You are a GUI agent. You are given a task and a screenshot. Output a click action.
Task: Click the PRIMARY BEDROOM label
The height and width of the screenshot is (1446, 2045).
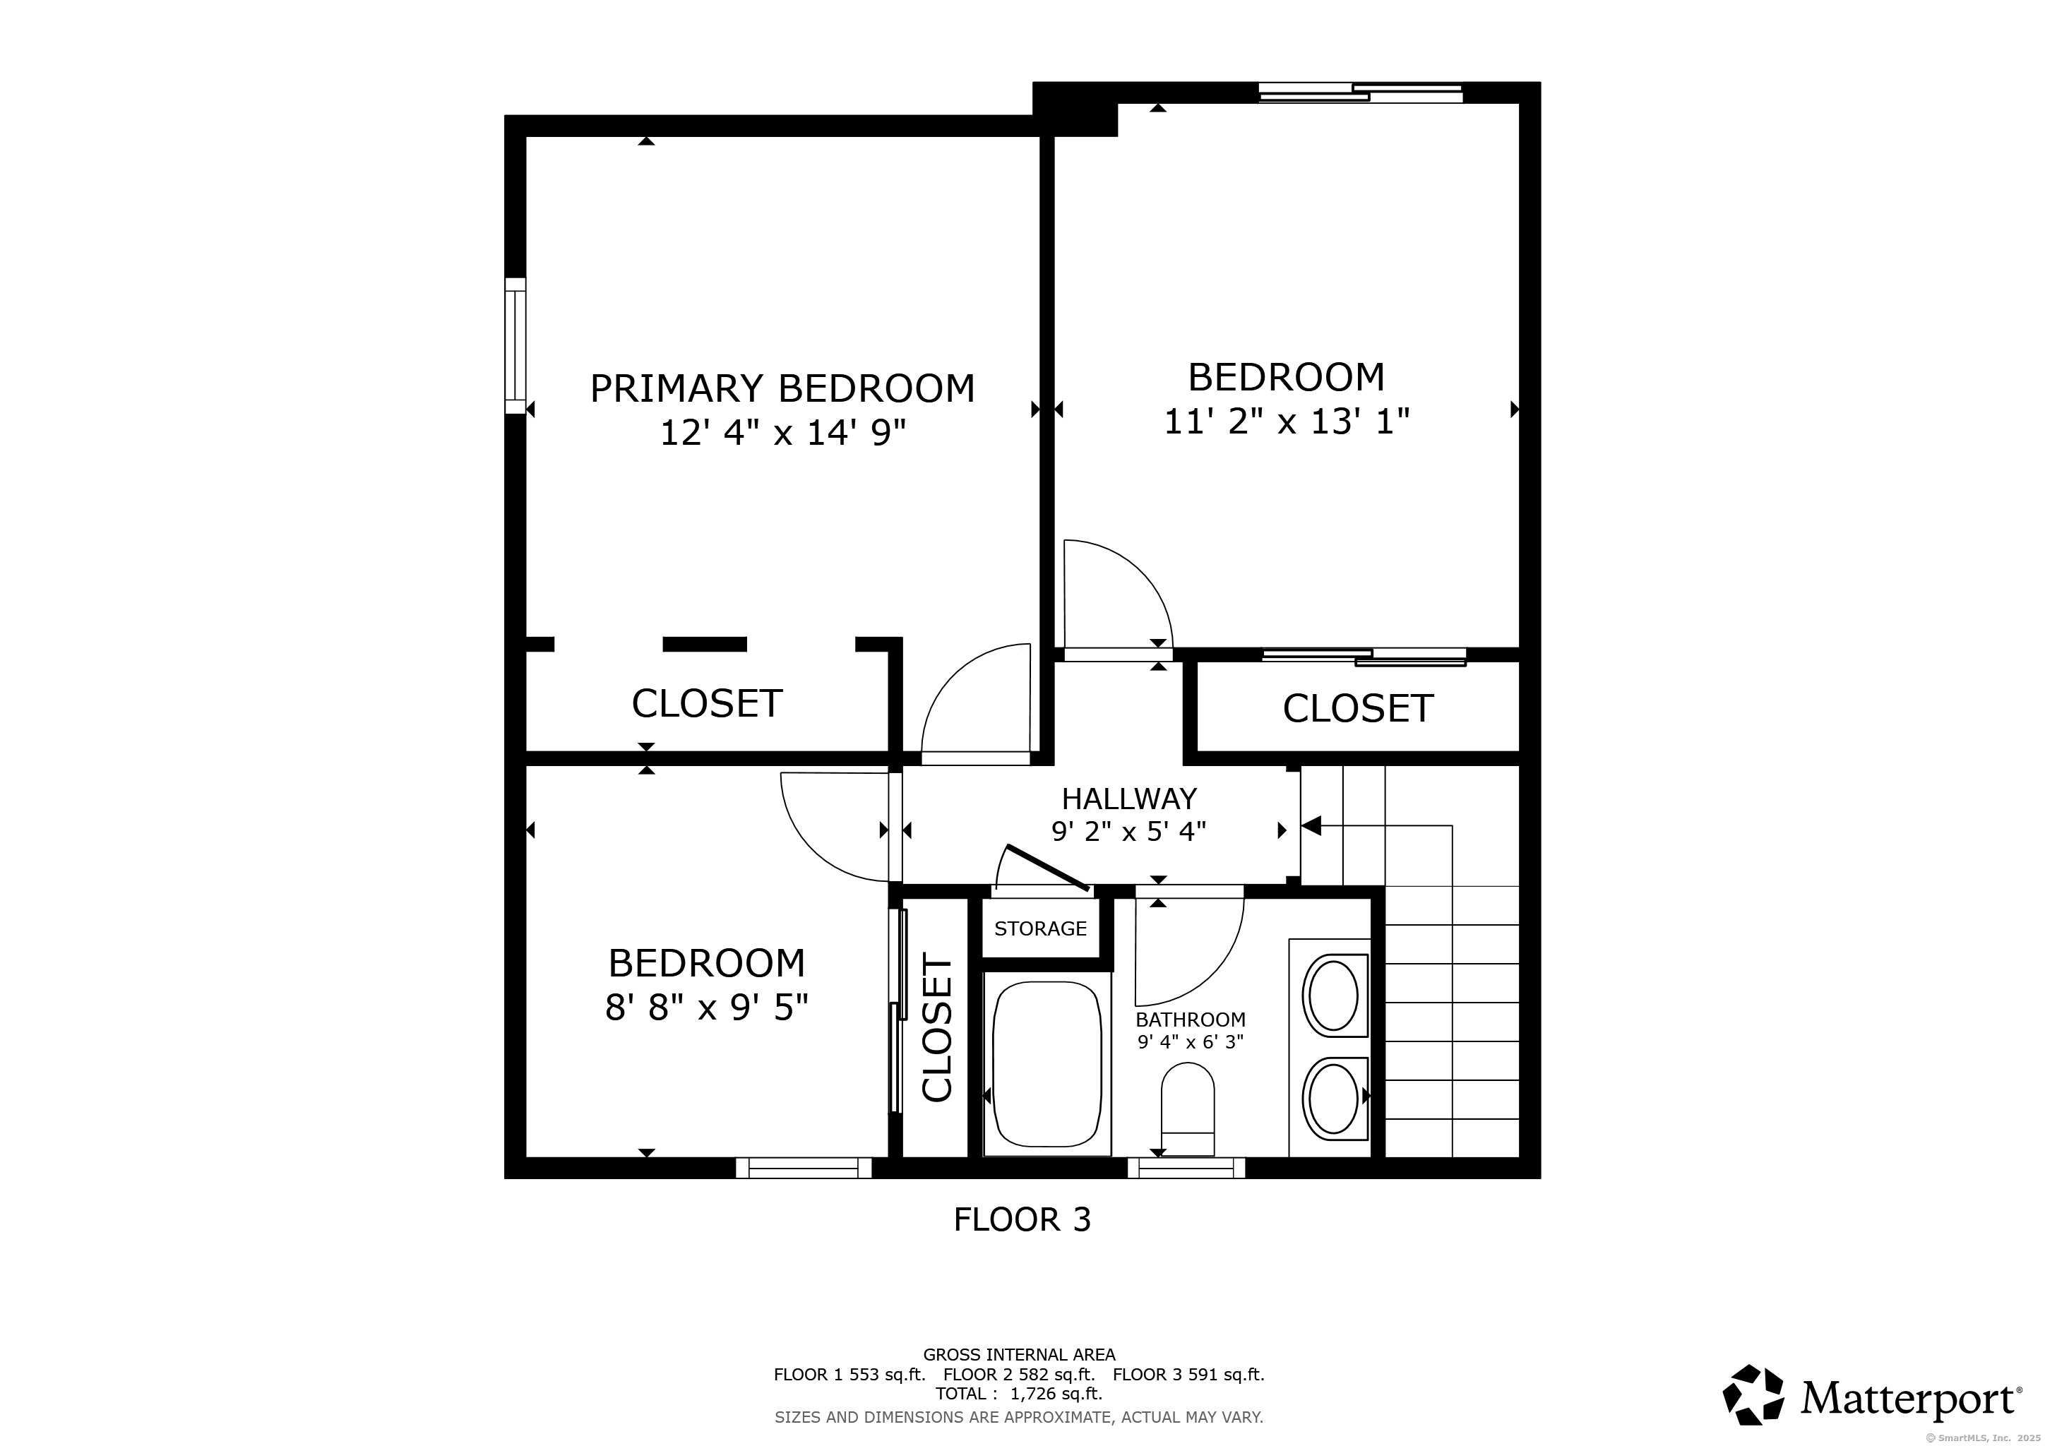point(782,389)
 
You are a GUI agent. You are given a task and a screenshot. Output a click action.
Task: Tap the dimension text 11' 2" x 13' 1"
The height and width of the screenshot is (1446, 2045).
point(1286,421)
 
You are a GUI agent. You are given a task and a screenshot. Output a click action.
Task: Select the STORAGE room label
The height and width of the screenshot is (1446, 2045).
point(1040,928)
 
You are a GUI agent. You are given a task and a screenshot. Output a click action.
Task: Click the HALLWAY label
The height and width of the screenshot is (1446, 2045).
point(1128,799)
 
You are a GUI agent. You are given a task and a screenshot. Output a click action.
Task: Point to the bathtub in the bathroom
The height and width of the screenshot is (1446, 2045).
point(1047,1064)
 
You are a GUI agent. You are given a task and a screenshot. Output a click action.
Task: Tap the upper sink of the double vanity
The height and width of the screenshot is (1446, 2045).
point(1333,996)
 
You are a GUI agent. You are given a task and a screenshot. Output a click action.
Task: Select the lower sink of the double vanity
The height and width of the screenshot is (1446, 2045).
point(1333,1099)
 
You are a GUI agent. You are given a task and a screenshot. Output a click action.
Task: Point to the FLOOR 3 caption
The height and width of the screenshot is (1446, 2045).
point(1022,1219)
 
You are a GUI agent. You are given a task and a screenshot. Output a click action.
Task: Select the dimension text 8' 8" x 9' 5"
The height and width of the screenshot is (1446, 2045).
point(706,1008)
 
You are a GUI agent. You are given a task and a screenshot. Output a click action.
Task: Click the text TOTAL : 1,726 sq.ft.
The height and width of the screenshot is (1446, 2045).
point(1018,1394)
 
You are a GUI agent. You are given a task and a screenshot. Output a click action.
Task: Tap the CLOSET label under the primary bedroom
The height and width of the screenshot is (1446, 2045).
point(706,703)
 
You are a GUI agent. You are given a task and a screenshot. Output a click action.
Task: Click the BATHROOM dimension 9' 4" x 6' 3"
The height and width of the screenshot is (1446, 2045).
point(1190,1041)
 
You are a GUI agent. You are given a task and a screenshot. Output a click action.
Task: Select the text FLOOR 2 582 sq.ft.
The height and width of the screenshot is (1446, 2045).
point(1018,1374)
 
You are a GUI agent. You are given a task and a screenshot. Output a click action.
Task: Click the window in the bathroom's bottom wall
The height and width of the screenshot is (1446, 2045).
point(1186,1167)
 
